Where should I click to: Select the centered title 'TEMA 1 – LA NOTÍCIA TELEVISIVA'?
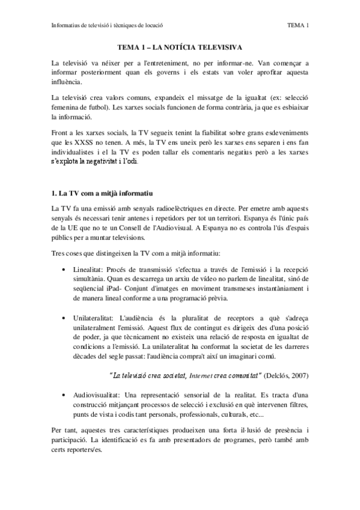coord(180,47)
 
